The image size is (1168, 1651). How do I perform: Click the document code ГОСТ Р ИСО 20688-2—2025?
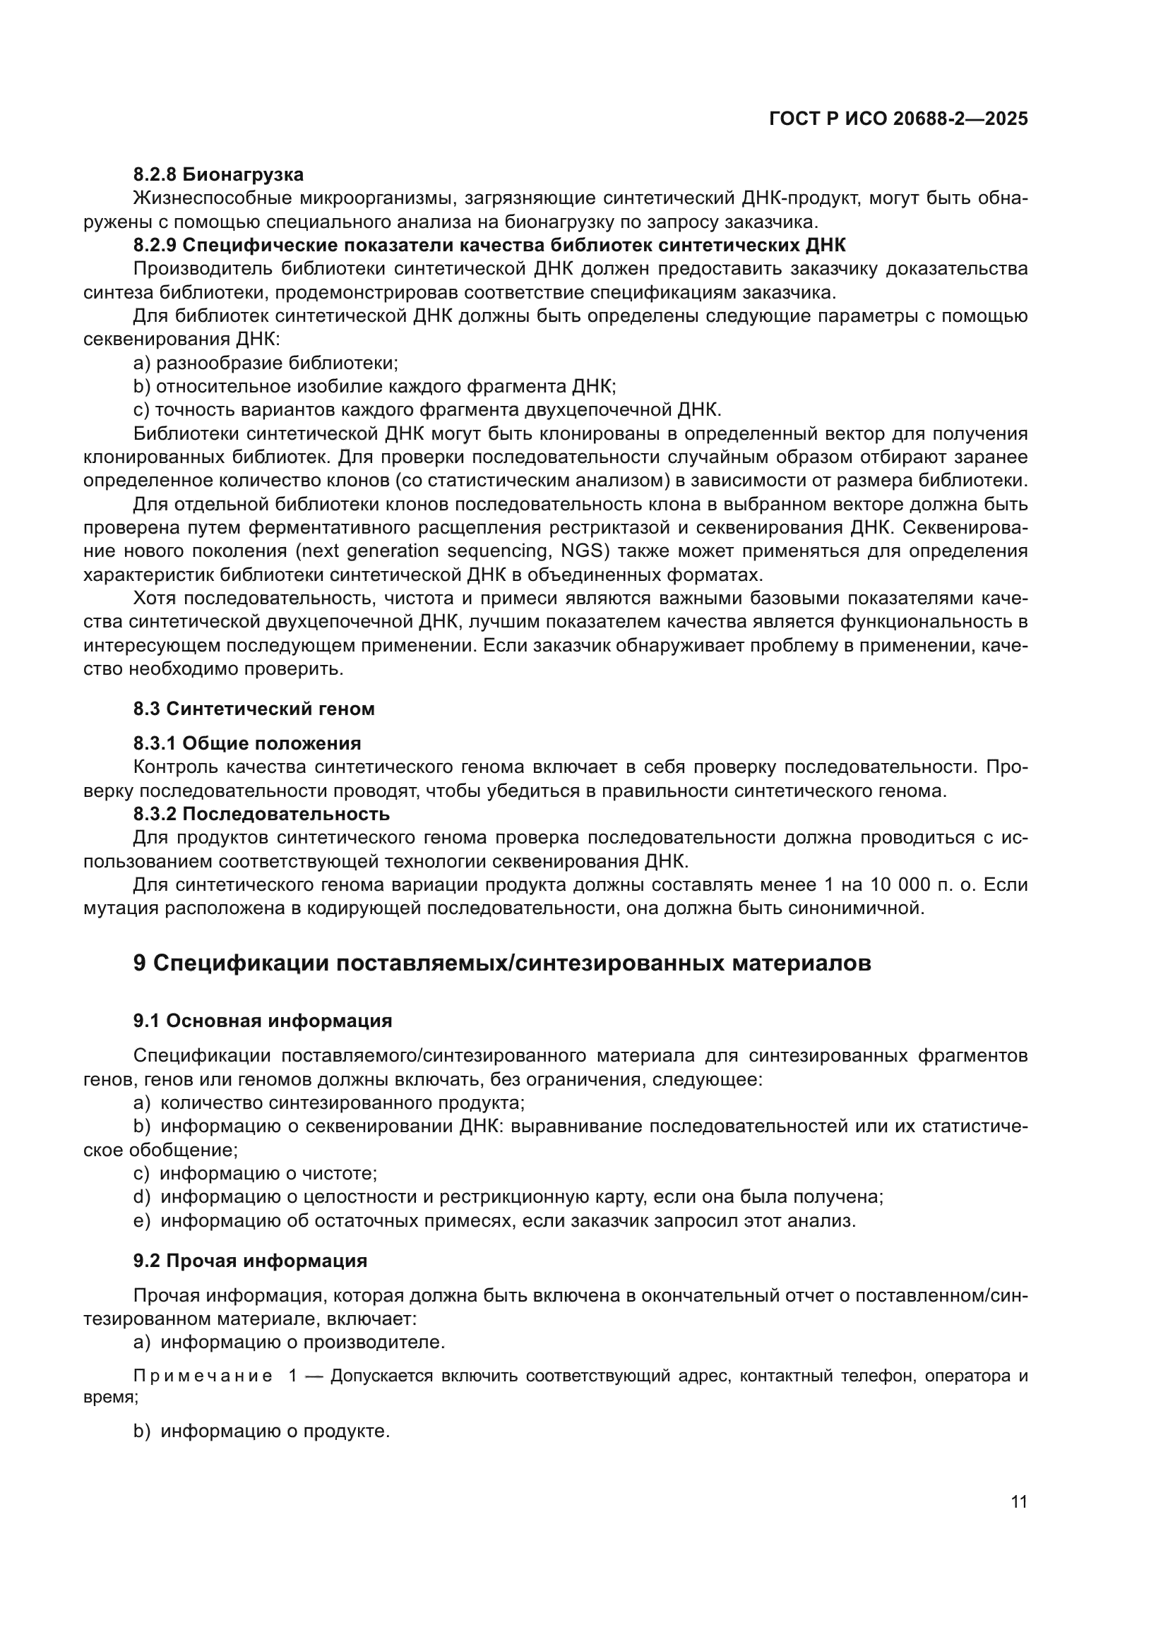pos(898,119)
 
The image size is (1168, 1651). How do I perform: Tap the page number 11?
pos(1018,1501)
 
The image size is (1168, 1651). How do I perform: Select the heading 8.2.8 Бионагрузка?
pos(218,174)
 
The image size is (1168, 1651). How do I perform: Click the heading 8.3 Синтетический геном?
pos(254,708)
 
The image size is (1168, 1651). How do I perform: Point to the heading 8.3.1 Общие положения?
pos(246,743)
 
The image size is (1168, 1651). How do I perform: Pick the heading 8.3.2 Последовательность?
pos(261,814)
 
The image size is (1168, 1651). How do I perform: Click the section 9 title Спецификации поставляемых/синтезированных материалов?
pos(502,963)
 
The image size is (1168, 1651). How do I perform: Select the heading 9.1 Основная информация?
pos(263,1021)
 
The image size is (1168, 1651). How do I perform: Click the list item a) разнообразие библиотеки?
pos(266,362)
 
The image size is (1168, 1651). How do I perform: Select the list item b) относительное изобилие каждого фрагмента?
pos(375,386)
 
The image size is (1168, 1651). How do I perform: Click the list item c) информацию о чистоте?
pos(256,1173)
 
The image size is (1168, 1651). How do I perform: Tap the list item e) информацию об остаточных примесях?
pos(494,1220)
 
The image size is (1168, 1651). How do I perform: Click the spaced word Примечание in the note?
pos(203,1376)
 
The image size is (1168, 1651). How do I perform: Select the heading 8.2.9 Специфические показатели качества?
pos(489,244)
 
